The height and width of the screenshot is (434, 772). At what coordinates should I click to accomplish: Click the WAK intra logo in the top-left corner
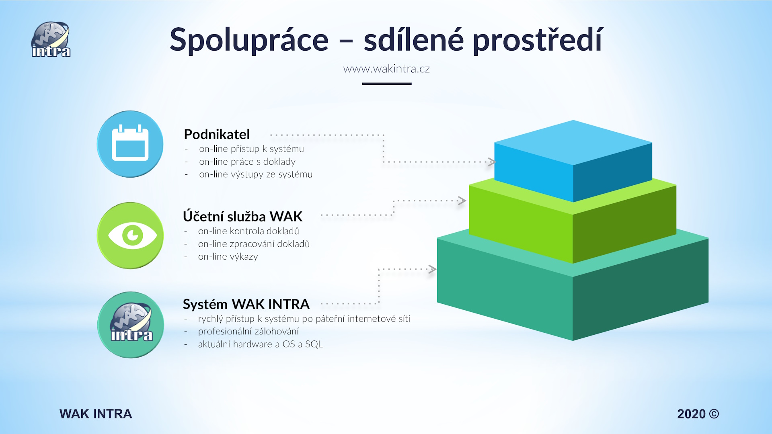pos(51,39)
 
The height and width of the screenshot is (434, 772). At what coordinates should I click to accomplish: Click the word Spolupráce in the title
pos(249,40)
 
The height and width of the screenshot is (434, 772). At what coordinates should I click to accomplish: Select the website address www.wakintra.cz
pos(386,69)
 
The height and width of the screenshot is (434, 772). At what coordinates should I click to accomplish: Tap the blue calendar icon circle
pos(130,144)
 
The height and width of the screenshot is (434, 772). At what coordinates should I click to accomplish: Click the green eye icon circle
pos(130,235)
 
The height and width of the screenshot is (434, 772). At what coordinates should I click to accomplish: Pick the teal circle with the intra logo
pos(131,325)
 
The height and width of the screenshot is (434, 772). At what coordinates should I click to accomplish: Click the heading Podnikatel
pos(217,134)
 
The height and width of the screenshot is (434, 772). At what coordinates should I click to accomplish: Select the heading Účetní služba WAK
pos(242,216)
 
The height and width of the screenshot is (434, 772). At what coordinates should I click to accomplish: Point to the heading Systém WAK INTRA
pos(246,304)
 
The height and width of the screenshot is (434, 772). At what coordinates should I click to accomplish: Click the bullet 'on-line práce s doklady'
pos(247,162)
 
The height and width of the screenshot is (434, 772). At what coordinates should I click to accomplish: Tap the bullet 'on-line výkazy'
pos(228,257)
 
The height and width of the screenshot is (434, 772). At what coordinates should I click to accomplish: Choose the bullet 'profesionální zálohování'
pos(248,332)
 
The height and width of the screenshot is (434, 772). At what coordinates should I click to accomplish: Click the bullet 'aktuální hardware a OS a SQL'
pos(260,344)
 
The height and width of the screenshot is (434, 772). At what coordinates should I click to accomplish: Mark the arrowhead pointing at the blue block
pos(492,162)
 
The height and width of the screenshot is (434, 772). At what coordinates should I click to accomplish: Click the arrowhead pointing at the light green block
pos(462,201)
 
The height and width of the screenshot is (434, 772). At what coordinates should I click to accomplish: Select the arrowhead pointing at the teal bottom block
pos(432,269)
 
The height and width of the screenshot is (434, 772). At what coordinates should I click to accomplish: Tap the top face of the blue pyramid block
pos(573,143)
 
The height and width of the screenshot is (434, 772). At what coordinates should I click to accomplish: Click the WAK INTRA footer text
pos(96,414)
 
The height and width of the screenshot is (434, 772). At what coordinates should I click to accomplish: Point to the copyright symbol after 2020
pos(714,414)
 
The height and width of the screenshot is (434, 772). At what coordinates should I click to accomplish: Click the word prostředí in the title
pos(538,40)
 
